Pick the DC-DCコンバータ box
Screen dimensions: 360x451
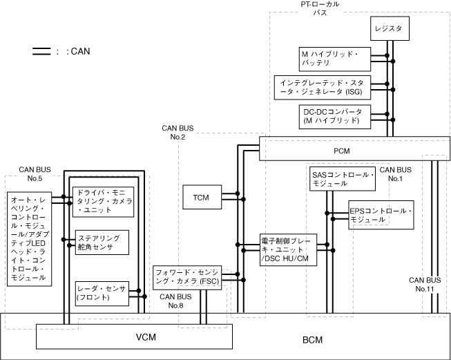[332, 115]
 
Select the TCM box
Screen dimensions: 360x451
[201, 198]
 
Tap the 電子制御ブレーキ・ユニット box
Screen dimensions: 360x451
[288, 249]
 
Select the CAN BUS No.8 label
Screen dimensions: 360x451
[171, 301]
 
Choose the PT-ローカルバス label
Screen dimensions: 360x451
[320, 8]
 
